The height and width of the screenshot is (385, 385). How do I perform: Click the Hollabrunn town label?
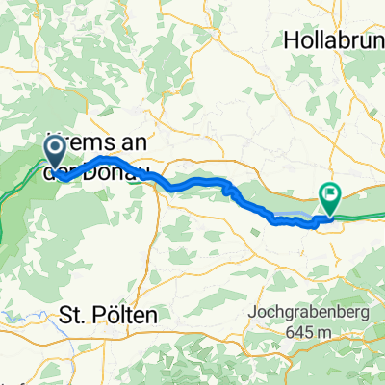click(334, 40)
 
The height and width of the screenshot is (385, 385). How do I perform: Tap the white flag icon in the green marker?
click(330, 193)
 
